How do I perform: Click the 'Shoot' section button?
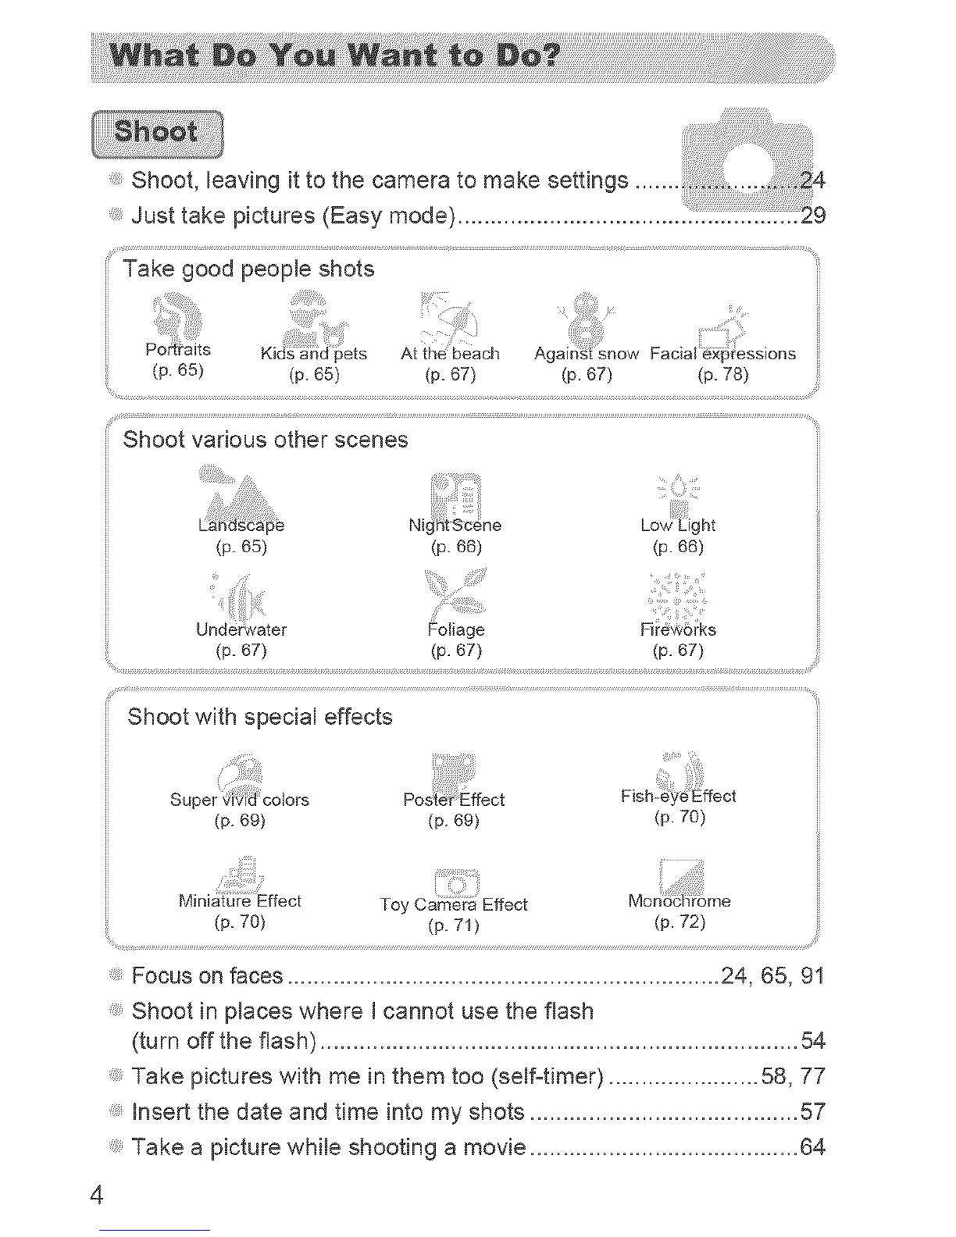click(x=157, y=134)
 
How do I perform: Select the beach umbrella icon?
click(x=449, y=318)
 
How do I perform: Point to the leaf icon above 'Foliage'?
click(x=455, y=595)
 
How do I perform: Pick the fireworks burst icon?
click(x=678, y=597)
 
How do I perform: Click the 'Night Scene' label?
click(x=455, y=525)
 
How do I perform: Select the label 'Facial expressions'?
click(x=722, y=354)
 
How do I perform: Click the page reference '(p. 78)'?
click(x=722, y=375)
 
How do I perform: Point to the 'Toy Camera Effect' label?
click(x=454, y=904)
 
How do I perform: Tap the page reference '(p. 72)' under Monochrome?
click(x=680, y=922)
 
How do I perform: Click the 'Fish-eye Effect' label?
click(x=678, y=796)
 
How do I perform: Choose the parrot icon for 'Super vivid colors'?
click(x=240, y=774)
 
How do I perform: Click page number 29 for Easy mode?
click(x=812, y=216)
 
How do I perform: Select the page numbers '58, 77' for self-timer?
click(x=793, y=1076)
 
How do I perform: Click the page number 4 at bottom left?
click(x=97, y=1194)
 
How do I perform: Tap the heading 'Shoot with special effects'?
click(x=259, y=717)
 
